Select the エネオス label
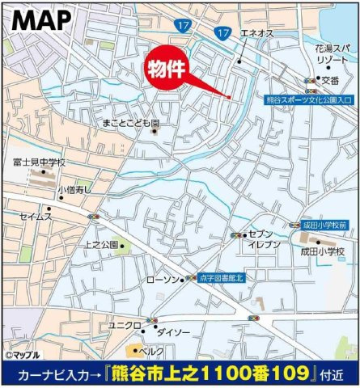[x=256, y=35]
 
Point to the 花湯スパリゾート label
[x=334, y=54]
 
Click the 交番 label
[x=331, y=79]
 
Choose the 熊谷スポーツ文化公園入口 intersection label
[x=311, y=100]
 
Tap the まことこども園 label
[x=131, y=123]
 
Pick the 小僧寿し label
[x=74, y=190]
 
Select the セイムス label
[x=36, y=217]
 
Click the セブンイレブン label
[x=264, y=238]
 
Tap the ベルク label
[x=151, y=352]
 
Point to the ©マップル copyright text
[x=24, y=355]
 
